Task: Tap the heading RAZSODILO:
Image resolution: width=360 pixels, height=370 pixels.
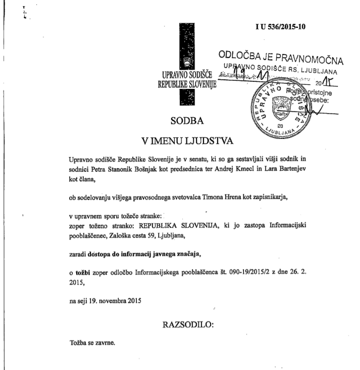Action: (188, 325)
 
